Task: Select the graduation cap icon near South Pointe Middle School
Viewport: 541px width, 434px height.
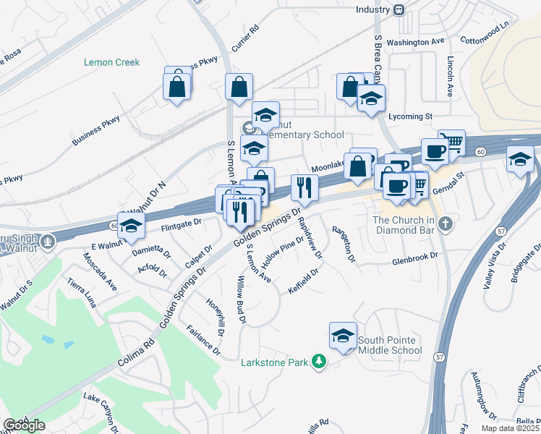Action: point(343,336)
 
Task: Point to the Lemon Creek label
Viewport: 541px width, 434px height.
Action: point(112,62)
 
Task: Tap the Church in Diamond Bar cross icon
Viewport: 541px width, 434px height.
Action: point(446,224)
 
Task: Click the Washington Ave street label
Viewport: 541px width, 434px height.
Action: point(415,42)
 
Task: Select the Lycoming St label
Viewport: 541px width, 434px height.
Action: point(410,116)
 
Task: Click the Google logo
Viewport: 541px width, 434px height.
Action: point(24,425)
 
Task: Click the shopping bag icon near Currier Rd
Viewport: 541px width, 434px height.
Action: point(239,88)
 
